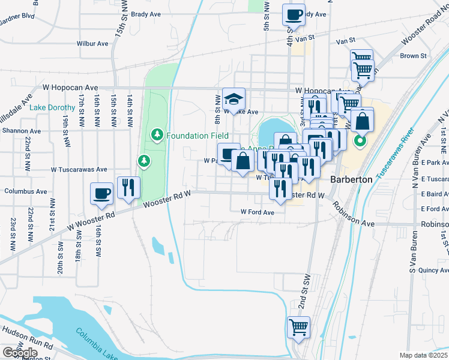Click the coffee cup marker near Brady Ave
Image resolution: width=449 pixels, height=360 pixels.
[294, 14]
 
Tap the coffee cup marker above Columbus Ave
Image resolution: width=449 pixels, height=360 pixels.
[101, 194]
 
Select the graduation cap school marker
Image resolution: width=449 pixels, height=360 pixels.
[234, 98]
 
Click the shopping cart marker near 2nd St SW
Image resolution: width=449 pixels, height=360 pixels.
[298, 328]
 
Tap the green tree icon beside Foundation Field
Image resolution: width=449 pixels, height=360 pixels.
[157, 134]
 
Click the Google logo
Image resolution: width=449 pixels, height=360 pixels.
[20, 353]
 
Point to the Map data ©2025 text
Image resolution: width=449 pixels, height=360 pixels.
[423, 355]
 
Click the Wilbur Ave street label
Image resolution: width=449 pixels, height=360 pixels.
[92, 44]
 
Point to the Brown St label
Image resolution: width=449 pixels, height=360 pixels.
[413, 56]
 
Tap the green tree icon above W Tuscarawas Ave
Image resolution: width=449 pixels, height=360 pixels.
[143, 160]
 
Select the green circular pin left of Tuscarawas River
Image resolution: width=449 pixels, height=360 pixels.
[360, 142]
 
